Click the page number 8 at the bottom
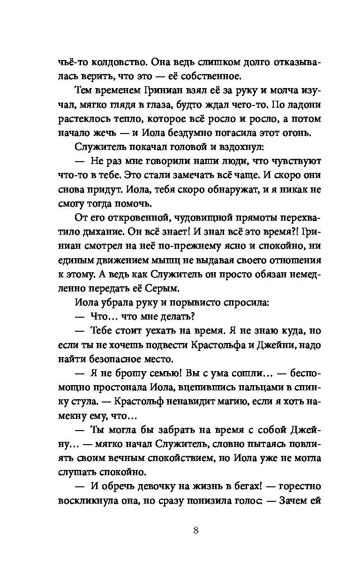(x=196, y=530)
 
